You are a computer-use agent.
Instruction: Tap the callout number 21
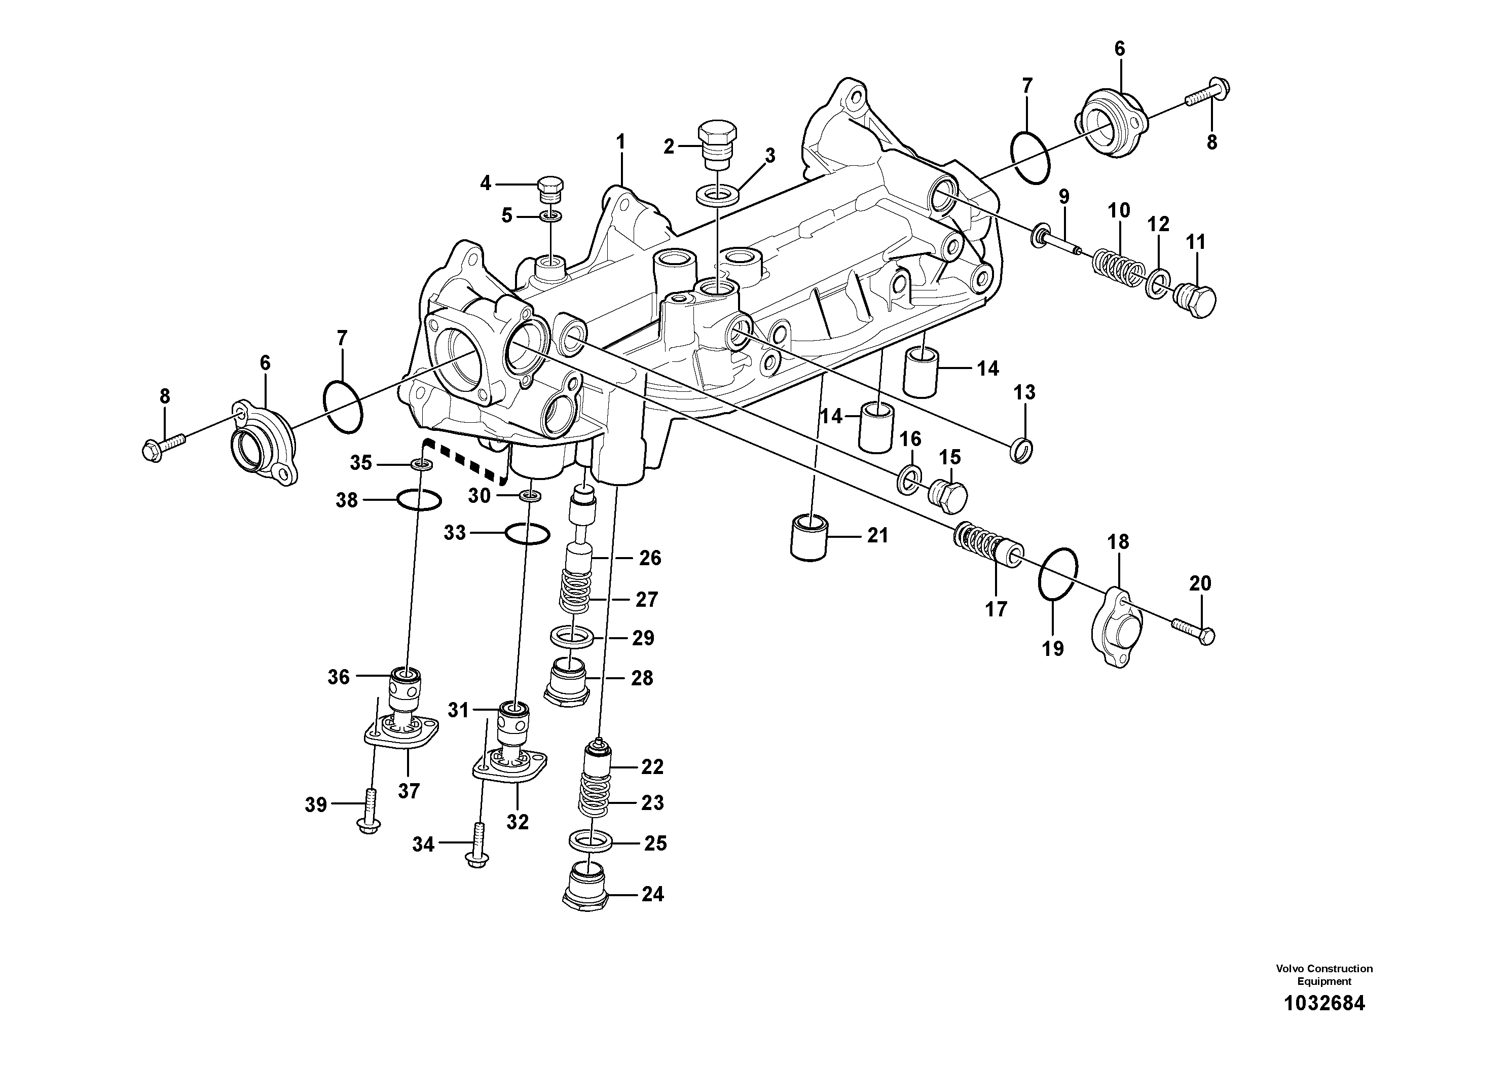pos(877,536)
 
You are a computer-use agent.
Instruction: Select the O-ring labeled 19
pos(1057,573)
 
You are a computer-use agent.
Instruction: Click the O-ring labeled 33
pos(527,534)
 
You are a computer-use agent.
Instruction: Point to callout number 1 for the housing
pos(620,142)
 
